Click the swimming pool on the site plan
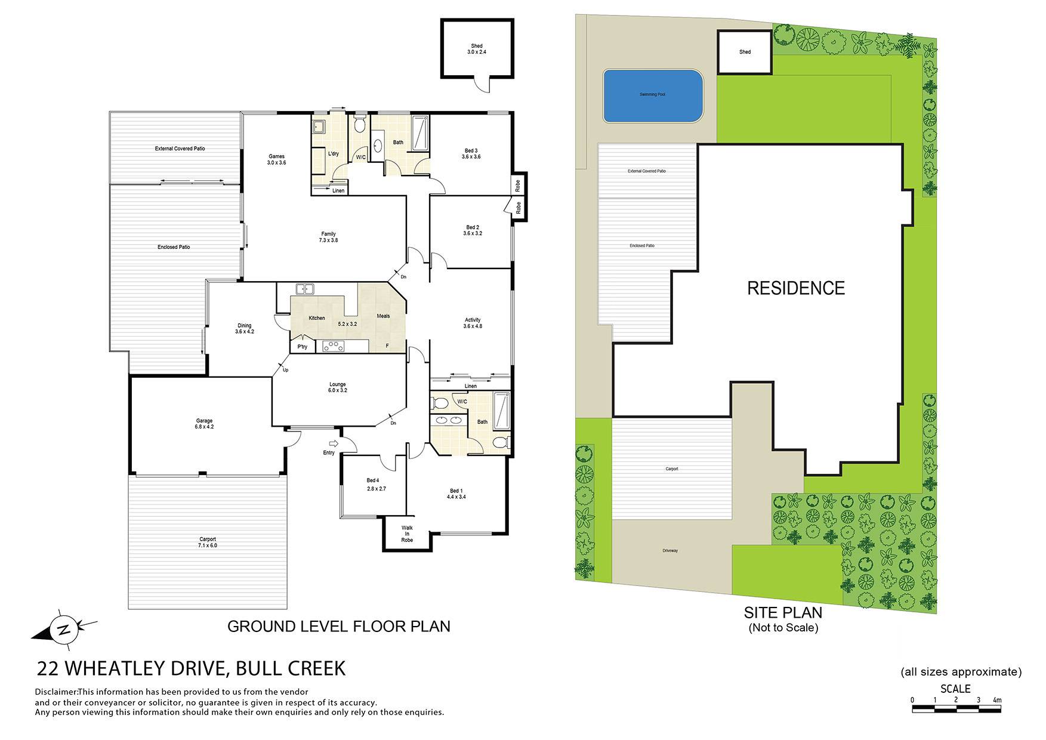pyautogui.click(x=652, y=96)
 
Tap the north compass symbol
pyautogui.click(x=64, y=629)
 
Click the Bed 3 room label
pyautogui.click(x=471, y=150)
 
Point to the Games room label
pyautogui.click(x=276, y=156)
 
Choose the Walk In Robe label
pyautogui.click(x=407, y=534)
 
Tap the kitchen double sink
pyautogui.click(x=305, y=289)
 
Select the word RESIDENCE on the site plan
pyautogui.click(x=796, y=288)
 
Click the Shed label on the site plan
pyautogui.click(x=745, y=52)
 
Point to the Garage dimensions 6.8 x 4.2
pyautogui.click(x=204, y=427)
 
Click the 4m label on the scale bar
pyautogui.click(x=997, y=700)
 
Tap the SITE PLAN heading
pyautogui.click(x=783, y=612)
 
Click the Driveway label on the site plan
pyautogui.click(x=670, y=551)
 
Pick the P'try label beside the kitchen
pyautogui.click(x=303, y=347)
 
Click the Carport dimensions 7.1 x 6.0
pyautogui.click(x=207, y=545)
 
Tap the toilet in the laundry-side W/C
pyautogui.click(x=359, y=125)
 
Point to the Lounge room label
pyautogui.click(x=337, y=384)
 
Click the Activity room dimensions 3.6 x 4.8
pyautogui.click(x=473, y=326)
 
